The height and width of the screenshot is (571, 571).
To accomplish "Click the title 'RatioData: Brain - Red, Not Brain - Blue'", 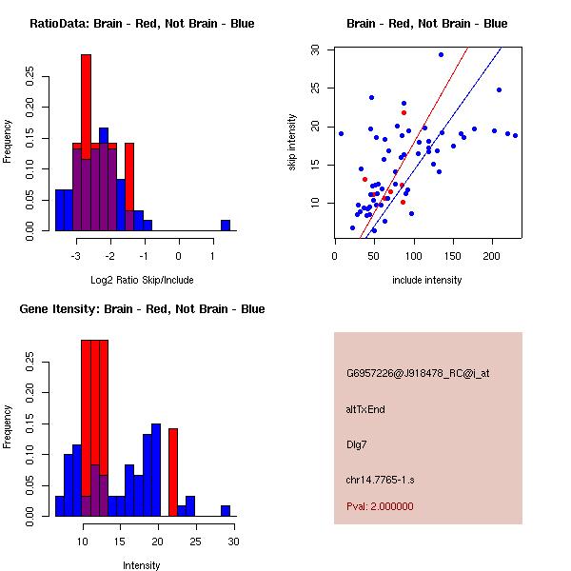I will tap(142, 24).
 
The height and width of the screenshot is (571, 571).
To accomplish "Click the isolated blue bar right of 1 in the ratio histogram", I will tap(226, 226).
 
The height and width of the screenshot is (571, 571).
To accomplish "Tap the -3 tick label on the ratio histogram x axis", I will tap(76, 256).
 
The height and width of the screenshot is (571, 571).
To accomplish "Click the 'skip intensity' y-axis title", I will tap(293, 143).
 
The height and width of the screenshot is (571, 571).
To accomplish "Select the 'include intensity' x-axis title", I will tap(426, 280).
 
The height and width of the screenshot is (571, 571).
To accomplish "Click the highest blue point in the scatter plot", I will tap(441, 54).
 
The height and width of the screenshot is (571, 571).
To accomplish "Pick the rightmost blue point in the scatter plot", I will tap(515, 135).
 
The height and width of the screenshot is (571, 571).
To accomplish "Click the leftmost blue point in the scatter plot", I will tap(341, 133).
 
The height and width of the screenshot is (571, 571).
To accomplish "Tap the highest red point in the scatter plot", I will tap(404, 112).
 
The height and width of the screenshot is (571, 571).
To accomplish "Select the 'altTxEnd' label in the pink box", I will tap(365, 408).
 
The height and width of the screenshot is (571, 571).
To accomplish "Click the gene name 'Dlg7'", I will tap(357, 443).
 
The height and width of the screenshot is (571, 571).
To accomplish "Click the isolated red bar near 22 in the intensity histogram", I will tap(173, 472).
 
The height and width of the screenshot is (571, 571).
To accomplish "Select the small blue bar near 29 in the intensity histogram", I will tap(226, 511).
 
